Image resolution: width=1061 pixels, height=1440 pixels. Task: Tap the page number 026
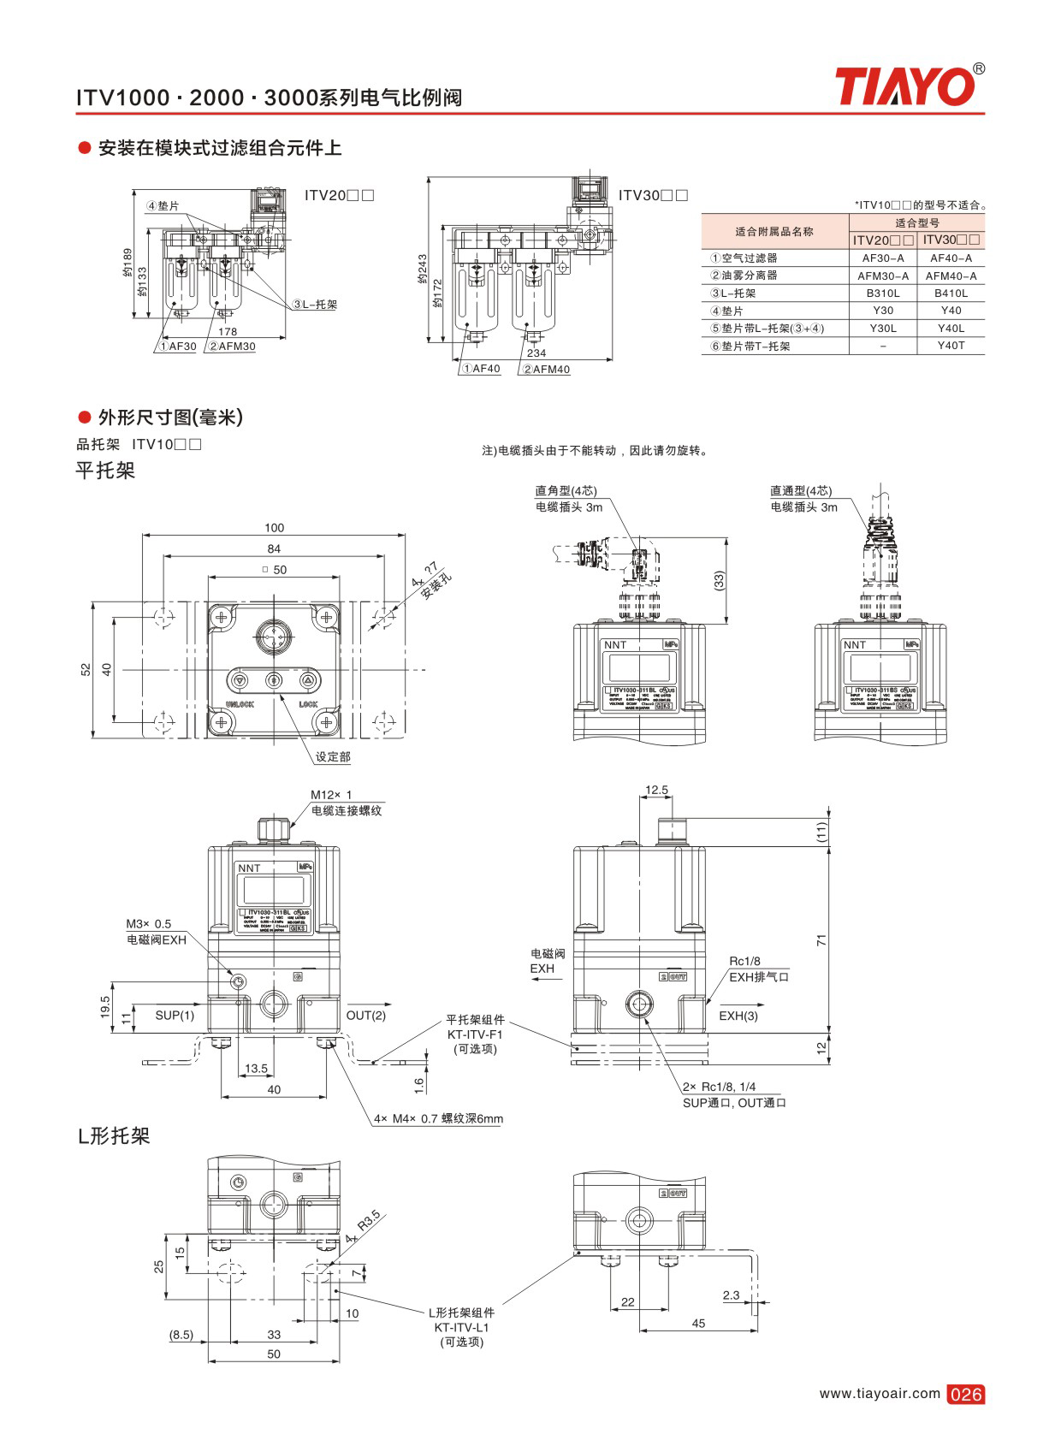[965, 1394]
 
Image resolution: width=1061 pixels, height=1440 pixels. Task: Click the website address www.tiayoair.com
[879, 1393]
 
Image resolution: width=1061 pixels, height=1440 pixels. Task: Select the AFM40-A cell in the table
[951, 276]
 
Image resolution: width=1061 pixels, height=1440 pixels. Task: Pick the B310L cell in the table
[882, 293]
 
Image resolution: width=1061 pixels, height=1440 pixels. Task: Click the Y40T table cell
[951, 346]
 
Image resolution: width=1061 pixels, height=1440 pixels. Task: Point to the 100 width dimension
[274, 528]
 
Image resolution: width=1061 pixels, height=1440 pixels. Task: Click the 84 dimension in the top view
[274, 548]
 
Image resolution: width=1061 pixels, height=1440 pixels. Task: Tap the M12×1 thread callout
[331, 795]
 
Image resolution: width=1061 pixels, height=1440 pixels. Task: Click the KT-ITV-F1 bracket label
[475, 1034]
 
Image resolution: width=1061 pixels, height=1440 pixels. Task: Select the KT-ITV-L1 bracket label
[461, 1327]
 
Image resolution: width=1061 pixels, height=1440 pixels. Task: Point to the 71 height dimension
[821, 939]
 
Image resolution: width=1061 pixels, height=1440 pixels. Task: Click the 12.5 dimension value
[656, 790]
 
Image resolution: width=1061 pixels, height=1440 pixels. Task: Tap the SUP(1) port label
[175, 1016]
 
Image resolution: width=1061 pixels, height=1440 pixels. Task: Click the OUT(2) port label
[365, 1016]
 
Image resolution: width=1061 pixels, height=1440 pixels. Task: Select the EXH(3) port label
[738, 1016]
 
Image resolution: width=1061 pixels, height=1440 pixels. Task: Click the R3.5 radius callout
[368, 1221]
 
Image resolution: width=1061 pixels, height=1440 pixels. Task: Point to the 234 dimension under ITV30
[536, 353]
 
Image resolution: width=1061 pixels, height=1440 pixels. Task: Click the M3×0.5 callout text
[149, 924]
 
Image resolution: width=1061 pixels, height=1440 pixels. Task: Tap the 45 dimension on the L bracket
[698, 1324]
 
